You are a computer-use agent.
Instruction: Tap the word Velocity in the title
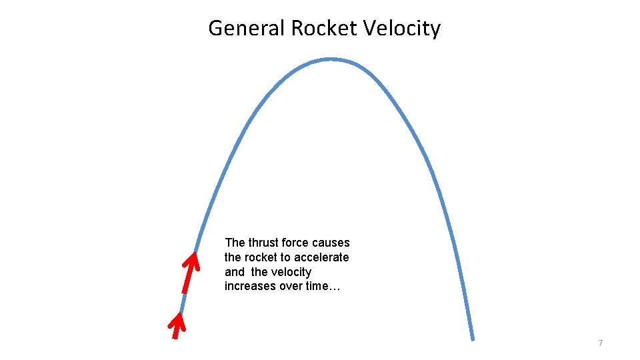(x=402, y=29)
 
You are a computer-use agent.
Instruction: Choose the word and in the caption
(x=235, y=272)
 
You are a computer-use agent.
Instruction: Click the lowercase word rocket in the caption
(x=261, y=257)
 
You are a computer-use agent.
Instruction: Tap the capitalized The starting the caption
(x=235, y=243)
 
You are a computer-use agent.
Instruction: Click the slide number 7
(x=601, y=343)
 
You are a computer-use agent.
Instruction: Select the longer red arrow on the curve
(x=189, y=273)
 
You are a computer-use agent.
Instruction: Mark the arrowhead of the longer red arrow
(x=193, y=258)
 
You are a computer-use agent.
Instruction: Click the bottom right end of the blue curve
(x=472, y=338)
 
